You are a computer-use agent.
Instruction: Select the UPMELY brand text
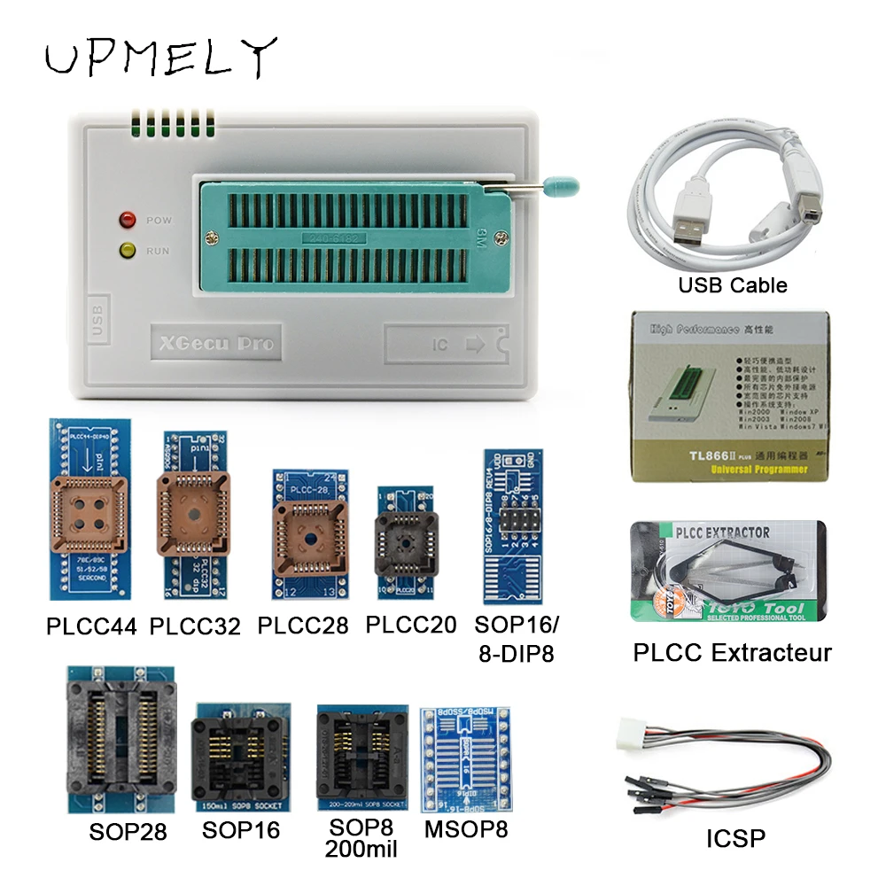click(160, 58)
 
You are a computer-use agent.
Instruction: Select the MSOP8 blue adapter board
click(463, 761)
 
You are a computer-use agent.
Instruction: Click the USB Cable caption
click(732, 285)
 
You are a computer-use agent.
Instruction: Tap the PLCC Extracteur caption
click(732, 653)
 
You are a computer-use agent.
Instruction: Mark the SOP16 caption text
click(240, 829)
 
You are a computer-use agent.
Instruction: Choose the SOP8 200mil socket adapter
click(361, 758)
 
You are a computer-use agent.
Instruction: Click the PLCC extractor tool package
click(726, 574)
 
